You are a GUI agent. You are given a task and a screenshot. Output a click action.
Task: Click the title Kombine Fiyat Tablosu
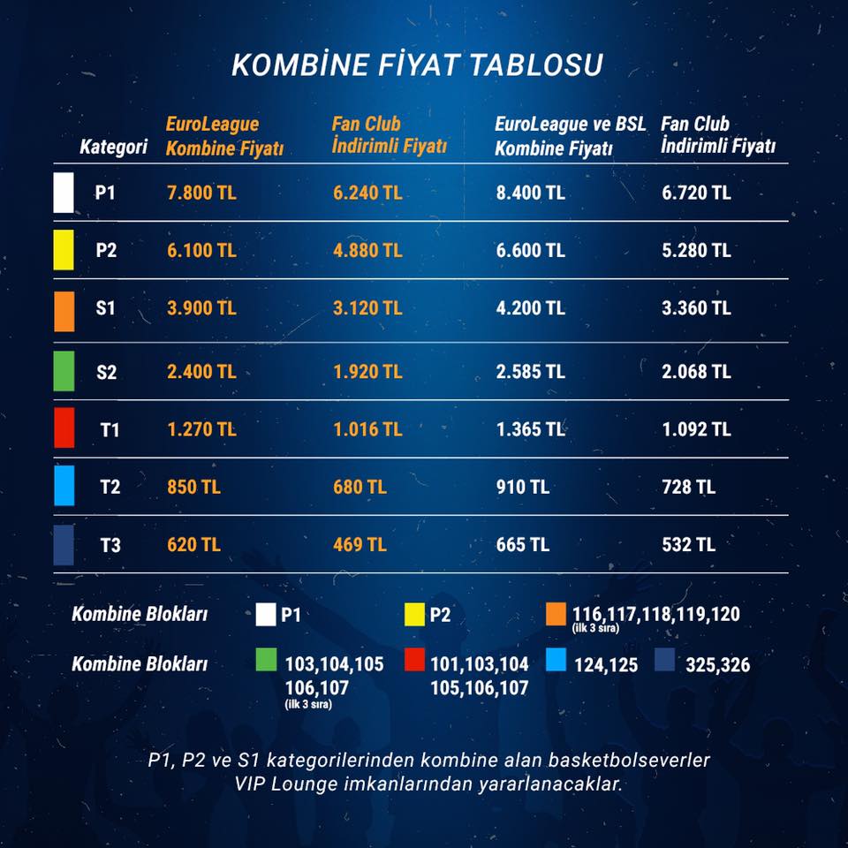pos(417,64)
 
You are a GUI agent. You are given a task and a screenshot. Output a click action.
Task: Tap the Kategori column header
pos(114,147)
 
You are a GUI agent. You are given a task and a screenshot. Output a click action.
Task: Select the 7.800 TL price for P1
pos(201,193)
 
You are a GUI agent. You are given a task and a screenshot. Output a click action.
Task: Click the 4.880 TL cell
pos(367,250)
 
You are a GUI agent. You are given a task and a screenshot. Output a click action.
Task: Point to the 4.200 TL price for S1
pos(531,308)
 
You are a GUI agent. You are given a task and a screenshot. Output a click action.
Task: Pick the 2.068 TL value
pos(697,372)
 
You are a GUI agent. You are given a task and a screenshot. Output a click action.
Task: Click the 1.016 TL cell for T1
pos(367,429)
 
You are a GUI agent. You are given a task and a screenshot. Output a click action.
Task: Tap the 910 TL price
pos(523,487)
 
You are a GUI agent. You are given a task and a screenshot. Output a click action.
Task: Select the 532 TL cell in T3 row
pos(688,545)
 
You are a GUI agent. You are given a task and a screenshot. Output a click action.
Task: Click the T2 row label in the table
pos(110,487)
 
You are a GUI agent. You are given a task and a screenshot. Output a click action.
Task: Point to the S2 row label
pos(107,372)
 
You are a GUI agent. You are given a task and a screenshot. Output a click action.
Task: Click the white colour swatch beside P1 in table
pos(64,193)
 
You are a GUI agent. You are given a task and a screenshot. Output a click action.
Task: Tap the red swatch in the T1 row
pos(64,428)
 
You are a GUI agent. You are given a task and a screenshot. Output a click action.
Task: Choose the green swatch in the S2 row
pos(64,371)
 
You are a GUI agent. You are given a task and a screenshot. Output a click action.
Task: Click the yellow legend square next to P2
pos(414,615)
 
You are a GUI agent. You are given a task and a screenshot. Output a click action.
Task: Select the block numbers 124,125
pos(606,664)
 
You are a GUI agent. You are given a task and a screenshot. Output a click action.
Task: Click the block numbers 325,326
pos(717,664)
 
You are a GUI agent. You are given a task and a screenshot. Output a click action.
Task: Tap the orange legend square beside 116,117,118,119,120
pos(556,615)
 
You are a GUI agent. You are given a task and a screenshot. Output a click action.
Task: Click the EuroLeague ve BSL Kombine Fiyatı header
pos(570,136)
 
